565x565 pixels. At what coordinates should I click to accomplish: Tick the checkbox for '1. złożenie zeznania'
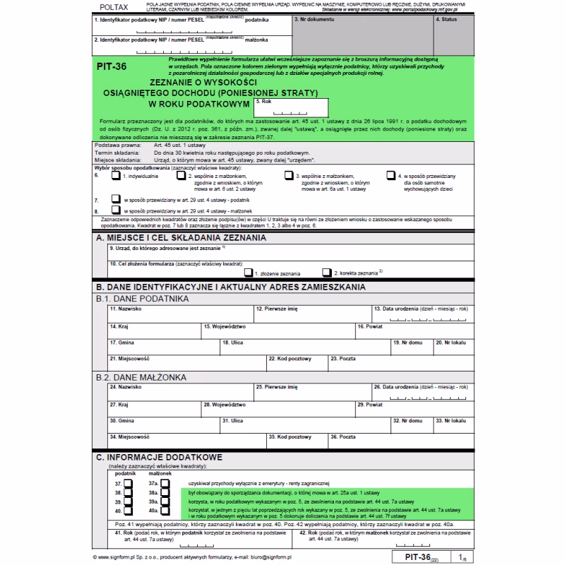point(248,271)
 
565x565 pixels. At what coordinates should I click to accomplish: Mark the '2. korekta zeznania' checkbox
point(326,271)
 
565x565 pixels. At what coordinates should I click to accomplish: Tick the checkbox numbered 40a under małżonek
point(165,509)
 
